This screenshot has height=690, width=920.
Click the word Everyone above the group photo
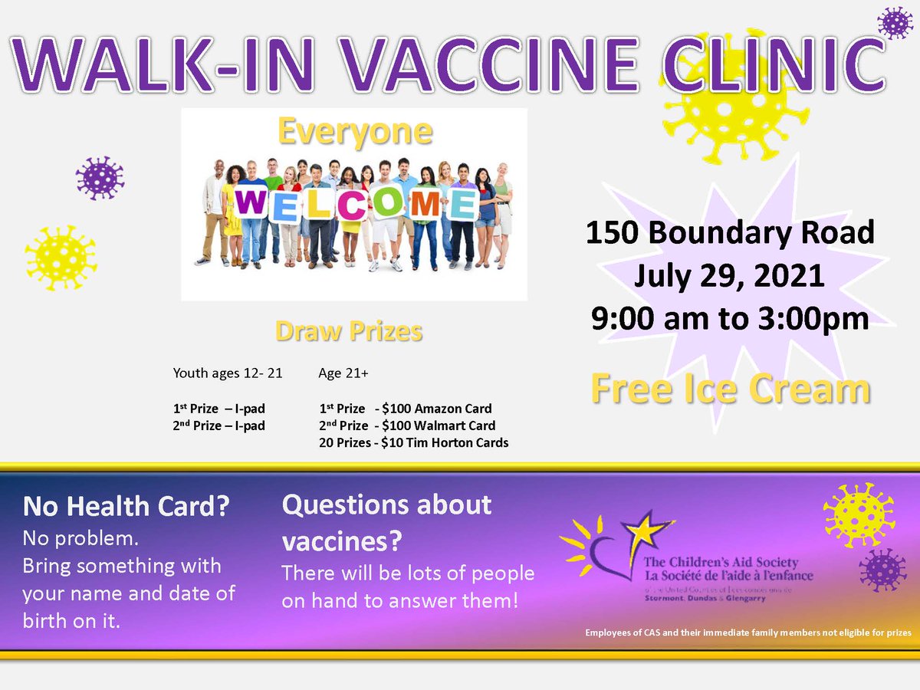pyautogui.click(x=354, y=132)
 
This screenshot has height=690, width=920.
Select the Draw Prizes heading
pyautogui.click(x=349, y=331)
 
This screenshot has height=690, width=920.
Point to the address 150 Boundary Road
pyautogui.click(x=729, y=232)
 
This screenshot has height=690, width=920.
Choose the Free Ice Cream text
pyautogui.click(x=729, y=389)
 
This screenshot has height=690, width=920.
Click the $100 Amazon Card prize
pyautogui.click(x=405, y=409)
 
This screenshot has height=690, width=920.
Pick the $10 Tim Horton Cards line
pyautogui.click(x=413, y=442)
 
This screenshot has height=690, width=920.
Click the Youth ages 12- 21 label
pyautogui.click(x=228, y=374)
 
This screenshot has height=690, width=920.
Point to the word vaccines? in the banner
pyautogui.click(x=342, y=541)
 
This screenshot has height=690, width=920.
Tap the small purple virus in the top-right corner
pyautogui.click(x=895, y=23)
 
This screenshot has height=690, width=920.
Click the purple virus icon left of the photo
pyautogui.click(x=100, y=179)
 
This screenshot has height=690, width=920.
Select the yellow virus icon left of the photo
pyautogui.click(x=61, y=258)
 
